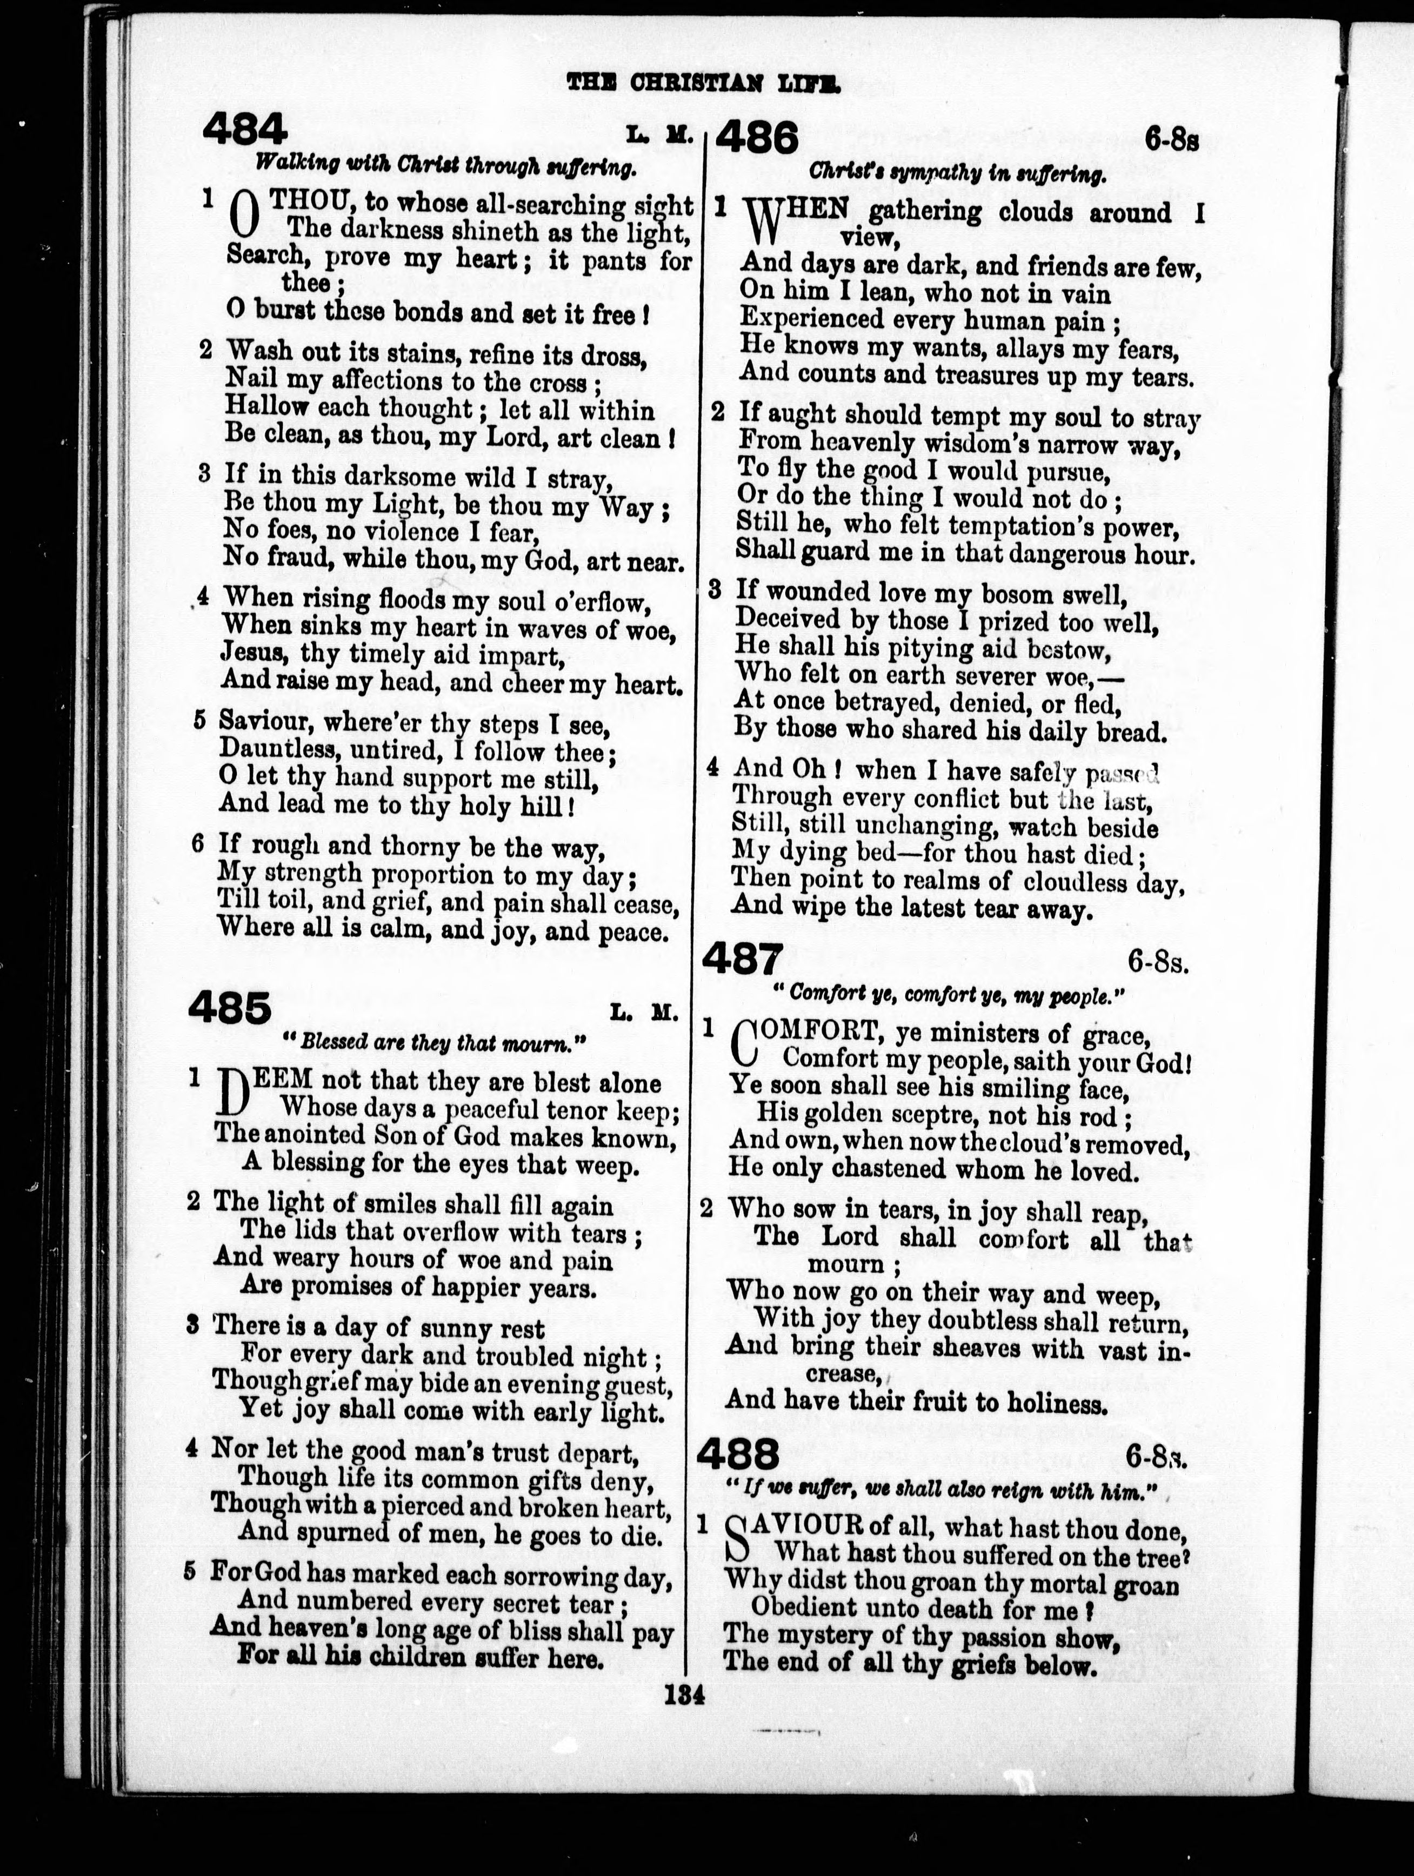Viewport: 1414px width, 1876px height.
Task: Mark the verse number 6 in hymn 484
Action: tap(198, 844)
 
